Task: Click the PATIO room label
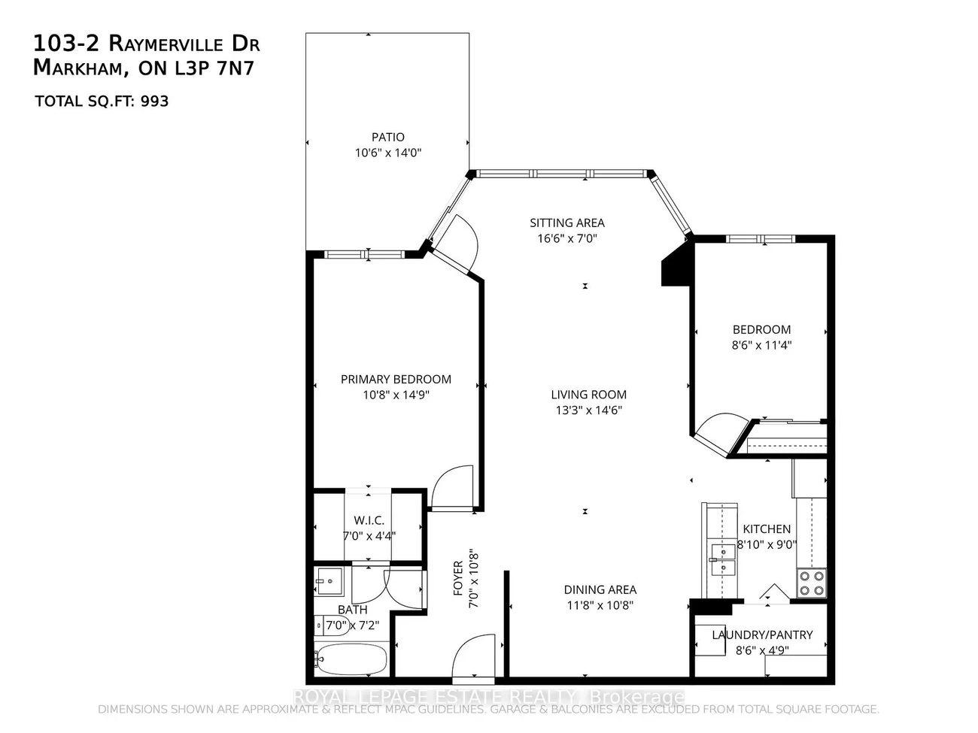pyautogui.click(x=387, y=137)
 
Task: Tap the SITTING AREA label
pyautogui.click(x=566, y=223)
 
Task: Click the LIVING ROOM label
pyautogui.click(x=588, y=394)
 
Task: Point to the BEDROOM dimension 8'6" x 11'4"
pyautogui.click(x=761, y=346)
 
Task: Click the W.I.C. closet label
pyautogui.click(x=369, y=520)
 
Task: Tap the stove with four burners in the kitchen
pyautogui.click(x=811, y=583)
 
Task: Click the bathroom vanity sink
pyautogui.click(x=328, y=580)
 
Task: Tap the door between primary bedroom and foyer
pyautogui.click(x=453, y=489)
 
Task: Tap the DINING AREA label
pyautogui.click(x=600, y=590)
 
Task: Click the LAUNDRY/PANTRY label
pyautogui.click(x=762, y=635)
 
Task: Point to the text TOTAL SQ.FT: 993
pyautogui.click(x=102, y=101)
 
